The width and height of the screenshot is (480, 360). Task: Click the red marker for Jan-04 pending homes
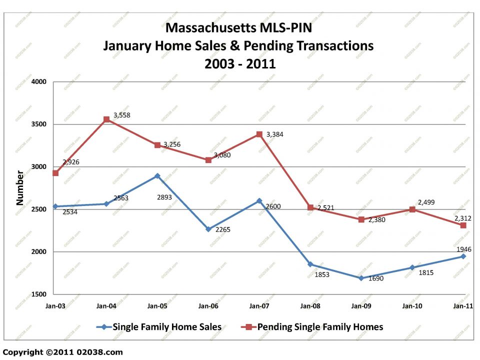tap(106, 119)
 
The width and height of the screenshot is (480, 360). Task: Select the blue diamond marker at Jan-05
tap(157, 176)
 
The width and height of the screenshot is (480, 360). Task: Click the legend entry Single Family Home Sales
tap(166, 327)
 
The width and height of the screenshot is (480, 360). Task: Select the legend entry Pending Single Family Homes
tap(320, 327)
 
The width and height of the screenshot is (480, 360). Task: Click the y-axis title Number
tap(20, 188)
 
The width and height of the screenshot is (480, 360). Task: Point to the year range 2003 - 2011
tap(240, 63)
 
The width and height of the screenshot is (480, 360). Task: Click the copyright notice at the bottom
tap(62, 352)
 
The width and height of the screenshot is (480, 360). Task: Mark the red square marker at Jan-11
tap(463, 225)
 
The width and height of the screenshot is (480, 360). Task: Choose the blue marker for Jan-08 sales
tap(310, 264)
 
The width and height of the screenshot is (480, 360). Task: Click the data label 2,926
tap(71, 162)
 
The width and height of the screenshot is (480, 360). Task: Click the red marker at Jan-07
tap(259, 134)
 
